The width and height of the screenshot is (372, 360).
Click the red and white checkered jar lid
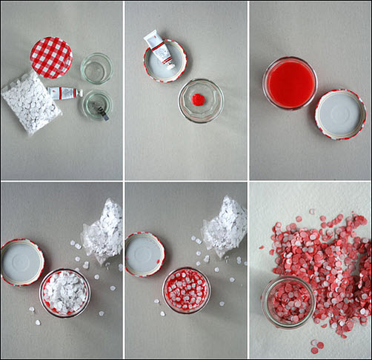[x=51, y=57]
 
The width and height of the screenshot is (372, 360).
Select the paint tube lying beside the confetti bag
[x=64, y=93]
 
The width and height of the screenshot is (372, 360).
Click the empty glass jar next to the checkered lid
[x=96, y=67]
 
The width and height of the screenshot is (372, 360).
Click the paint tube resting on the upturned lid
[x=159, y=48]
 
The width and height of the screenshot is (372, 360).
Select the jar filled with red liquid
[x=289, y=81]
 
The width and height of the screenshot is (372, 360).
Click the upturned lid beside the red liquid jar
[x=339, y=113]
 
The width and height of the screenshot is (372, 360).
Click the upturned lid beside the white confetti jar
[x=21, y=261]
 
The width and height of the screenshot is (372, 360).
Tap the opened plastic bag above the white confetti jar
[x=103, y=230]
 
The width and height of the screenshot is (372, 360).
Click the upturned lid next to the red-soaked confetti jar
[x=145, y=255]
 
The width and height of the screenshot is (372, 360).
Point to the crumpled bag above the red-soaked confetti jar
[x=225, y=227]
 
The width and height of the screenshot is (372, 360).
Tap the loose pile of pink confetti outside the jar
[x=326, y=259]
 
